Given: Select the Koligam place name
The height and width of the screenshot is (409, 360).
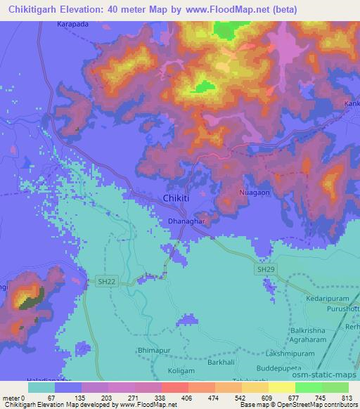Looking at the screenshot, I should click(x=186, y=370).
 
